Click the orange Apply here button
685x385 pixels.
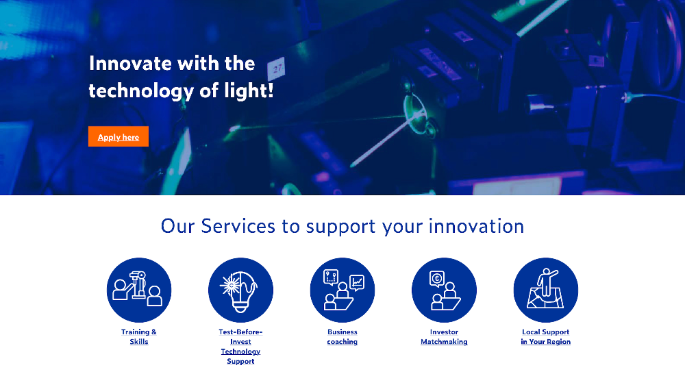pyautogui.click(x=119, y=136)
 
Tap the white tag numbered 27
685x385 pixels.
pyautogui.click(x=277, y=69)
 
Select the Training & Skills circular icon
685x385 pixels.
pyautogui.click(x=139, y=290)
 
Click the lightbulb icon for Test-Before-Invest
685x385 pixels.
pyautogui.click(x=240, y=290)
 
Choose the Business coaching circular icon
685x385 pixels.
pyautogui.click(x=342, y=290)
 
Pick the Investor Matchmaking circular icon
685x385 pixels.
pyautogui.click(x=444, y=290)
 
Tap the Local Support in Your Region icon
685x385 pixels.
pyautogui.click(x=546, y=290)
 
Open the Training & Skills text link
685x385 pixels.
pyautogui.click(x=139, y=337)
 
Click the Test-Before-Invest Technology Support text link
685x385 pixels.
pyautogui.click(x=240, y=347)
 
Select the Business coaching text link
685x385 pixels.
pyautogui.click(x=342, y=337)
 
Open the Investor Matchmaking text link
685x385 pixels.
pyautogui.click(x=444, y=337)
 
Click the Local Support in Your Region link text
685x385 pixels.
pyautogui.click(x=546, y=337)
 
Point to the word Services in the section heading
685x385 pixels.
pyautogui.click(x=238, y=226)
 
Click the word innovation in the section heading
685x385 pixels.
pyautogui.click(x=476, y=226)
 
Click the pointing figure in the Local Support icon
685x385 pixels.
pyautogui.click(x=546, y=281)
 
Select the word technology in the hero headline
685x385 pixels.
pyautogui.click(x=141, y=91)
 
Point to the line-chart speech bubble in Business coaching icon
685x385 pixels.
pyautogui.click(x=357, y=283)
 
